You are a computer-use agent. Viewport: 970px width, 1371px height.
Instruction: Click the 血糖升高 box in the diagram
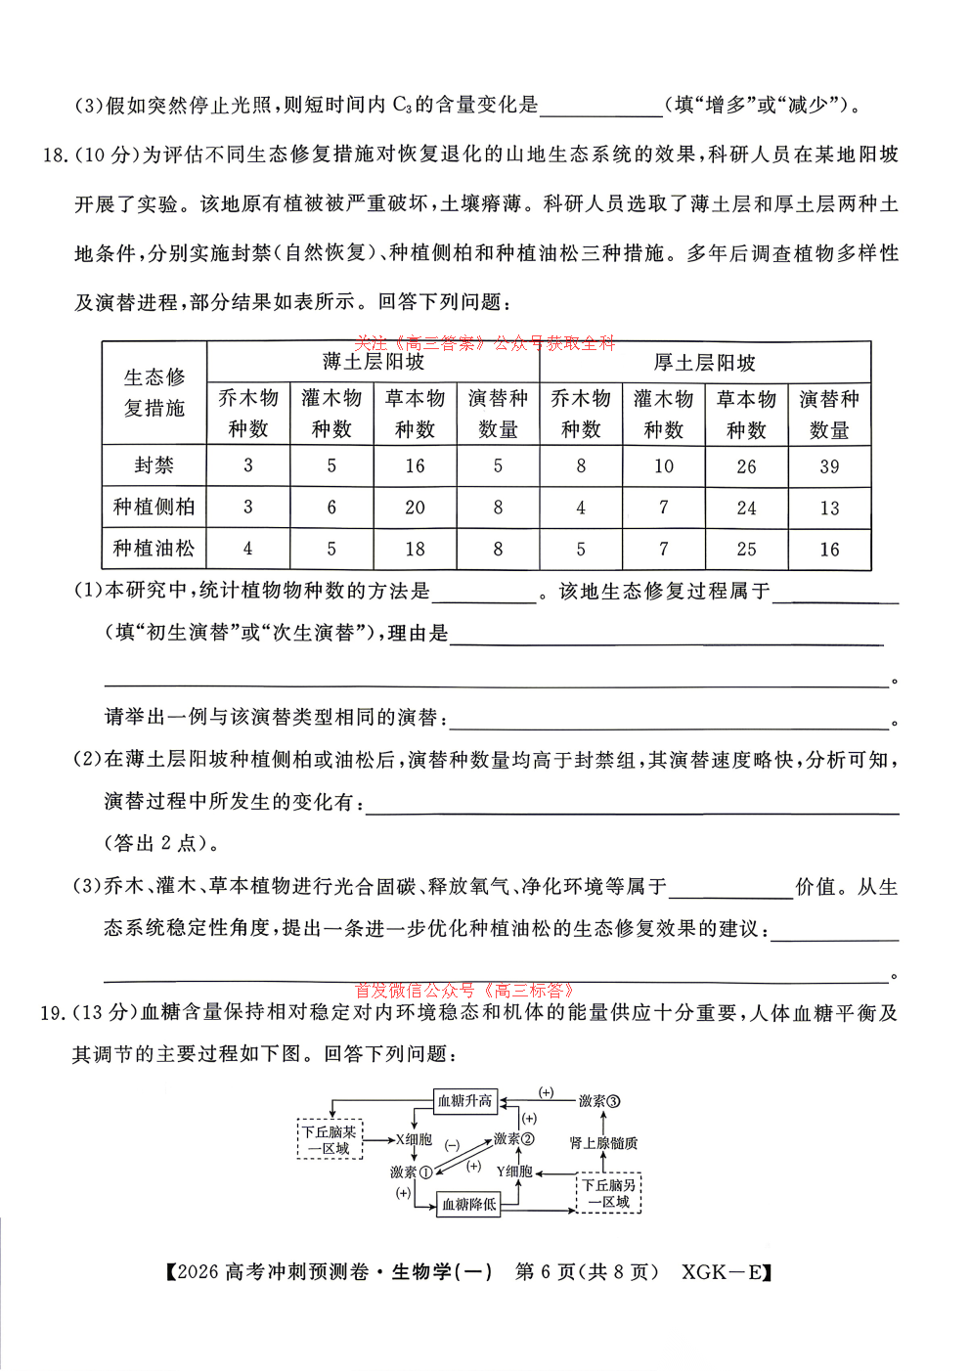pos(464,1101)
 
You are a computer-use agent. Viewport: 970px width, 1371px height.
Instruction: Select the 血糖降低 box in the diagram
pos(468,1204)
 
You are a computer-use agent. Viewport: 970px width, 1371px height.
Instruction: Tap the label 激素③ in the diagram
pos(598,1101)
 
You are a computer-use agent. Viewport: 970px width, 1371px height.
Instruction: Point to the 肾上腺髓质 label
pos(603,1142)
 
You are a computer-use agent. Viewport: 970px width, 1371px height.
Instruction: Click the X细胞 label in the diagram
pos(414,1139)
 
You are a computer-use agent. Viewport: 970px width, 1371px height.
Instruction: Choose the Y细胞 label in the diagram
pos(514,1172)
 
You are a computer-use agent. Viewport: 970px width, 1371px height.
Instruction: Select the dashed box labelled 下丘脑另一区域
pos(608,1193)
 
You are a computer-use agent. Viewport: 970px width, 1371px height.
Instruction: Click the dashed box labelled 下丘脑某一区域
pos(330,1140)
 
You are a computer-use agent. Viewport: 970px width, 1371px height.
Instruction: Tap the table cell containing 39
pos(829,466)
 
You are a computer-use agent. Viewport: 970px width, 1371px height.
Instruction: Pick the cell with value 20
pos(415,508)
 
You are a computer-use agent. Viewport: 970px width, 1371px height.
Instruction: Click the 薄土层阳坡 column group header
pos(373,362)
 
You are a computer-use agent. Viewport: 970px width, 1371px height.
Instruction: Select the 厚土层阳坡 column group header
pos(704,363)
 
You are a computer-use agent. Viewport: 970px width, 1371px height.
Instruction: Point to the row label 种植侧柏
pos(154,507)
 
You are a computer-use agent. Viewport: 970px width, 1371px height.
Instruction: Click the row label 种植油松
pos(154,549)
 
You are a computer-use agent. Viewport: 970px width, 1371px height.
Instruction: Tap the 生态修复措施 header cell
pos(154,392)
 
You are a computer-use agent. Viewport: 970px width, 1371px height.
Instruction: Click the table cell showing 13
pos(829,509)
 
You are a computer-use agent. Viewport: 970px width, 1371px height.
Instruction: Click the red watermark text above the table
pos(484,343)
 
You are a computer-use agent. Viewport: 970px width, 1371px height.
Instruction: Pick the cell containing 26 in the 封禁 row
pos(746,466)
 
